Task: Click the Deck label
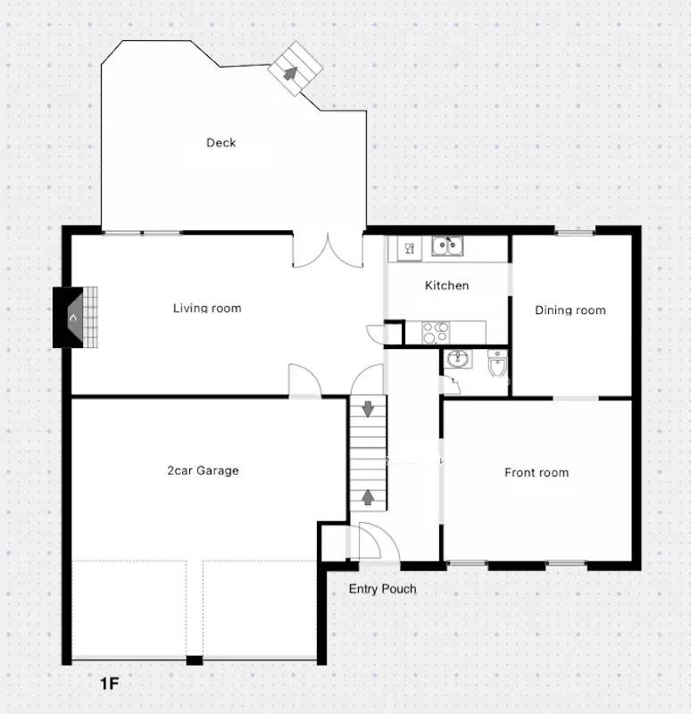[x=221, y=143]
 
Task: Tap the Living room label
[x=207, y=309]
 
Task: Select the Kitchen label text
[x=446, y=286]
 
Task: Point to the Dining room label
[x=570, y=311]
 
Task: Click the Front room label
[x=536, y=472]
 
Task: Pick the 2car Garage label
[x=203, y=470]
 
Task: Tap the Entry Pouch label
[x=382, y=589]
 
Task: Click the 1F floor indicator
[x=109, y=685]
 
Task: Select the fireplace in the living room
[x=75, y=317]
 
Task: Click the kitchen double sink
[x=446, y=245]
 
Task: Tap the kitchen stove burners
[x=436, y=332]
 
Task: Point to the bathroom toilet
[x=497, y=364]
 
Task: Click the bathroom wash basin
[x=459, y=360]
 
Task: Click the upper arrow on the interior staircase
[x=367, y=410]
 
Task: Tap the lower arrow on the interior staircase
[x=367, y=496]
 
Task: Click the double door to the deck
[x=328, y=252]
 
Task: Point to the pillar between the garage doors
[x=194, y=660]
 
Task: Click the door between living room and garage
[x=304, y=381]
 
